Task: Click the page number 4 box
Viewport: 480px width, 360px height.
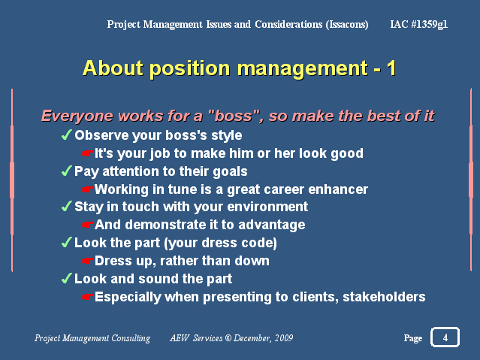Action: point(445,337)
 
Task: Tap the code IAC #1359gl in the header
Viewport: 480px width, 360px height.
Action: point(418,24)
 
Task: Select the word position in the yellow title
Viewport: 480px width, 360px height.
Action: point(189,68)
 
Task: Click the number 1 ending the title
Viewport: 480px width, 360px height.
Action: point(391,68)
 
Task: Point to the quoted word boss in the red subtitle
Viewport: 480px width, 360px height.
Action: point(234,116)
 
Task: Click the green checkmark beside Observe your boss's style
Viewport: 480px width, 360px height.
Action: point(66,135)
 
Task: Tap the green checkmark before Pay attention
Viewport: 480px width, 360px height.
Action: point(66,171)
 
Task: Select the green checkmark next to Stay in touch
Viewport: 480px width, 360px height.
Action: point(66,206)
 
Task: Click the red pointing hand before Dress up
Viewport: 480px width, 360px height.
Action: point(88,261)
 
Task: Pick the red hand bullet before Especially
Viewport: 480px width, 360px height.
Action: point(88,297)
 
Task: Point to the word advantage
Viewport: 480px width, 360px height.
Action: point(272,225)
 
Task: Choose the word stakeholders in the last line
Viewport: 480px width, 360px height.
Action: point(384,297)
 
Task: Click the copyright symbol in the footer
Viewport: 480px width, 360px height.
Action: point(228,338)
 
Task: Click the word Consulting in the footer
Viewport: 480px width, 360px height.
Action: point(131,338)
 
